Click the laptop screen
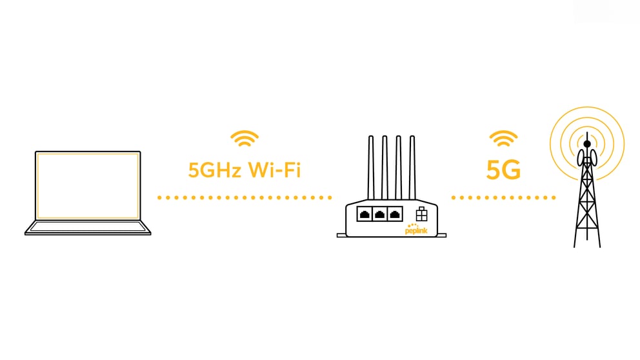(88, 186)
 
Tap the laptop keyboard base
(88, 228)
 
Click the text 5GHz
(215, 170)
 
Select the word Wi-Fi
(274, 170)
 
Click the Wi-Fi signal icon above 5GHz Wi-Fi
(245, 139)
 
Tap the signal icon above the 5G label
(503, 139)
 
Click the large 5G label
(503, 170)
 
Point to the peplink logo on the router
(416, 230)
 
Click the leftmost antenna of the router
(370, 167)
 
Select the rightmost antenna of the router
(412, 167)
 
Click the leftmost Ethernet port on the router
(365, 214)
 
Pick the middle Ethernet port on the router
(379, 214)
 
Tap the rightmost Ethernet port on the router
(395, 214)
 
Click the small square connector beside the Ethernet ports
(422, 214)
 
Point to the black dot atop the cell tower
(587, 144)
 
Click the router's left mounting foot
(342, 235)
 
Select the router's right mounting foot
(442, 235)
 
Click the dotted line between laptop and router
(245, 197)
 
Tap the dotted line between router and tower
(503, 197)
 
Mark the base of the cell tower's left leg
(575, 246)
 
